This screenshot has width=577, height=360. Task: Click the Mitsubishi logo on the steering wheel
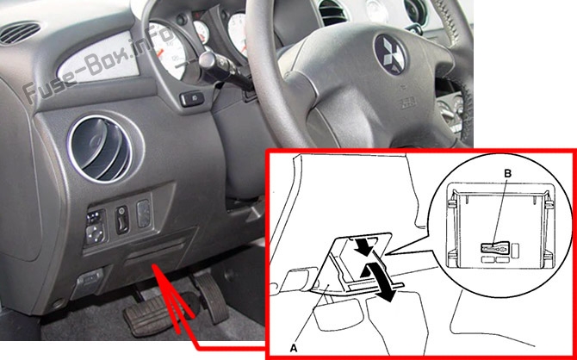(x=390, y=54)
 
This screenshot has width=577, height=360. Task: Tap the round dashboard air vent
(x=100, y=149)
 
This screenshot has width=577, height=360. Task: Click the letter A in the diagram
(x=294, y=347)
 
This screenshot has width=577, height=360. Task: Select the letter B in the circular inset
(x=507, y=174)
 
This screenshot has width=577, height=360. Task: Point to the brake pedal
(x=152, y=315)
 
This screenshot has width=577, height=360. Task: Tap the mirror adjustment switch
(x=96, y=227)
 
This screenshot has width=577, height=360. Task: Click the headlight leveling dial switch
(x=122, y=220)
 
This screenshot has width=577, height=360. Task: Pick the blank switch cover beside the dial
(x=144, y=214)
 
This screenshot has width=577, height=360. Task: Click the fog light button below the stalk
(x=192, y=99)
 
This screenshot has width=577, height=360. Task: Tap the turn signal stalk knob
(x=208, y=61)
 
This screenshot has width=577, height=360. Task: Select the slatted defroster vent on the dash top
(x=21, y=33)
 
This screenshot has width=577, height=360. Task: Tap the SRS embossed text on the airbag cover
(x=407, y=104)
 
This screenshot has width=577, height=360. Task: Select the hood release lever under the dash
(x=88, y=280)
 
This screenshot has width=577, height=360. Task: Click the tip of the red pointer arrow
(x=154, y=266)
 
